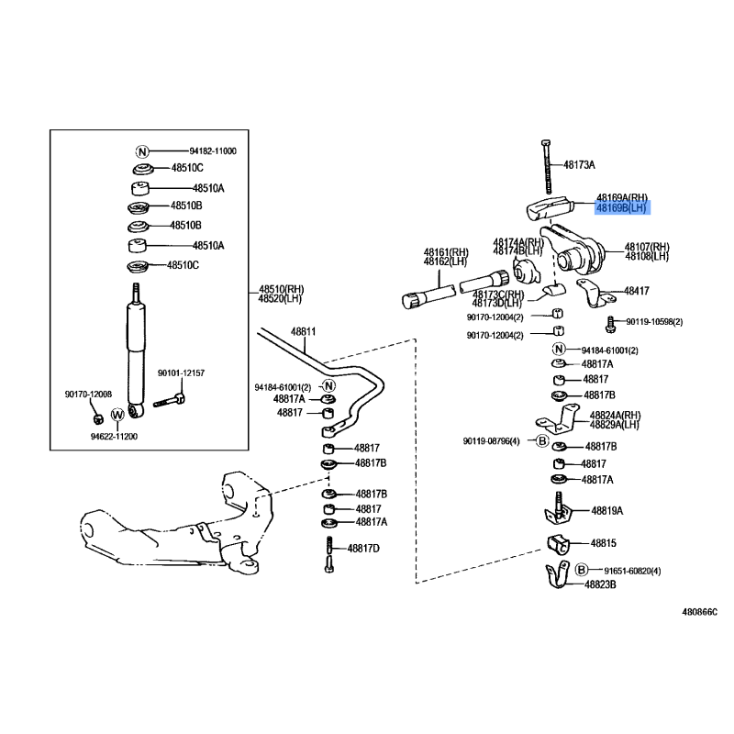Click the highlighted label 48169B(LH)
(621, 208)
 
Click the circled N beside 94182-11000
(142, 151)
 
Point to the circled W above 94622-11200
(117, 416)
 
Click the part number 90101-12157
(181, 373)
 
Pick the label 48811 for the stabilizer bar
(304, 331)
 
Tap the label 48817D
(362, 549)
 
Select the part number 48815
(603, 543)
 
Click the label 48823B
(601, 584)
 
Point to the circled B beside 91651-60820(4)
(581, 570)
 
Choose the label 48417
(637, 291)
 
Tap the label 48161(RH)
(446, 252)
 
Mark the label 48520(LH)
(281, 298)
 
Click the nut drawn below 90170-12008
(99, 418)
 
